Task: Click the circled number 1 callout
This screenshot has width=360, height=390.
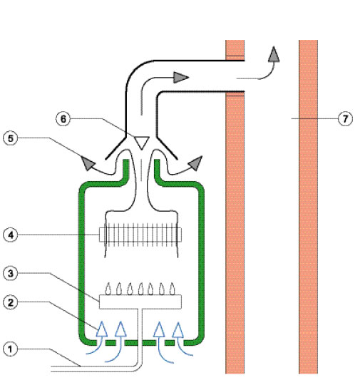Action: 10,349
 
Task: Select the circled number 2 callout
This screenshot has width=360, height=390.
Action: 10,303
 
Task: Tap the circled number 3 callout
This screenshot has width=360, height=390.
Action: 10,274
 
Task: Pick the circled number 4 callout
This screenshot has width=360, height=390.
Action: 10,235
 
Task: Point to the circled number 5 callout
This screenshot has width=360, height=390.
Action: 10,138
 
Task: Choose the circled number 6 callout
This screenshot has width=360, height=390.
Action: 63,119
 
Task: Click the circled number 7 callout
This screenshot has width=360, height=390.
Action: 345,119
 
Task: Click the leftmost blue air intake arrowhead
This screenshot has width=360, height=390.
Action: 102,329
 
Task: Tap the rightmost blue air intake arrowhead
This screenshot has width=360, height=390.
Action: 178,330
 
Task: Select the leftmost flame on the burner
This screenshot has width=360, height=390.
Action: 108,289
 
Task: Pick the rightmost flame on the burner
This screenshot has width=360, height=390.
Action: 172,289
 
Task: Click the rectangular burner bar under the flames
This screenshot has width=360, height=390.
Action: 140,302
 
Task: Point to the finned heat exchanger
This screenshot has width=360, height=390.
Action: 140,235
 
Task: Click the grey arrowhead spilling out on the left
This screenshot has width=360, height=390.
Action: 88,163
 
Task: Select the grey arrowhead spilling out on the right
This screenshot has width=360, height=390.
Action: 196,163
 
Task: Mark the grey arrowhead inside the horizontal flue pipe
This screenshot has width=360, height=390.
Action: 181,77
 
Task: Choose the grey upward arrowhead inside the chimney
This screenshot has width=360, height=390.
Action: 274,54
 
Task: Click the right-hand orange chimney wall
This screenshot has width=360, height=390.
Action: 308,207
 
